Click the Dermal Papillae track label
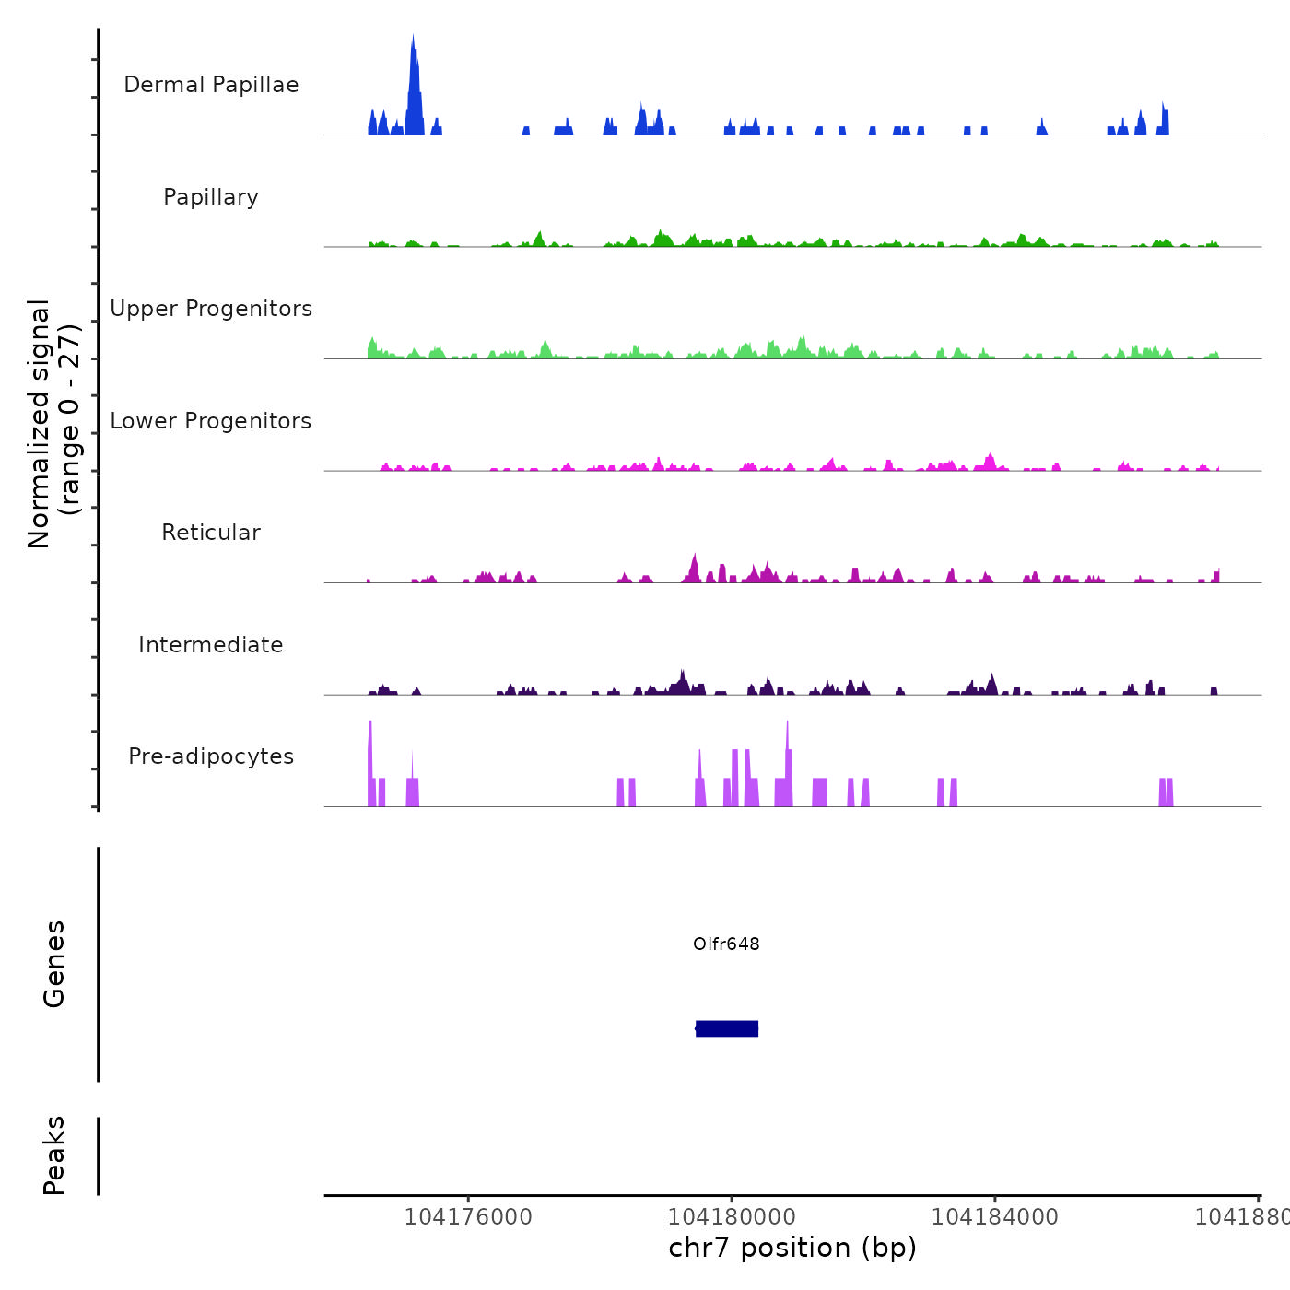pyautogui.click(x=211, y=85)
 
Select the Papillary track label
pyautogui.click(x=211, y=197)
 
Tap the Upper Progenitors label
pyautogui.click(x=211, y=309)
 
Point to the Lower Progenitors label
pyautogui.click(x=211, y=421)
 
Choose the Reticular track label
pyautogui.click(x=211, y=533)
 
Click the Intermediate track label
pyautogui.click(x=211, y=645)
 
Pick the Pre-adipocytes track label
pyautogui.click(x=211, y=756)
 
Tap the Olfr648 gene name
pyautogui.click(x=726, y=944)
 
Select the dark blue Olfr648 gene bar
pyautogui.click(x=727, y=1028)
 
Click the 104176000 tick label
pyautogui.click(x=468, y=1217)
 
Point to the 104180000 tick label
pyautogui.click(x=732, y=1217)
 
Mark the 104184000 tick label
pyautogui.click(x=995, y=1217)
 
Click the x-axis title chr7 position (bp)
pyautogui.click(x=792, y=1248)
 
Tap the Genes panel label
pyautogui.click(x=54, y=964)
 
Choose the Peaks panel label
pyautogui.click(x=54, y=1155)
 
